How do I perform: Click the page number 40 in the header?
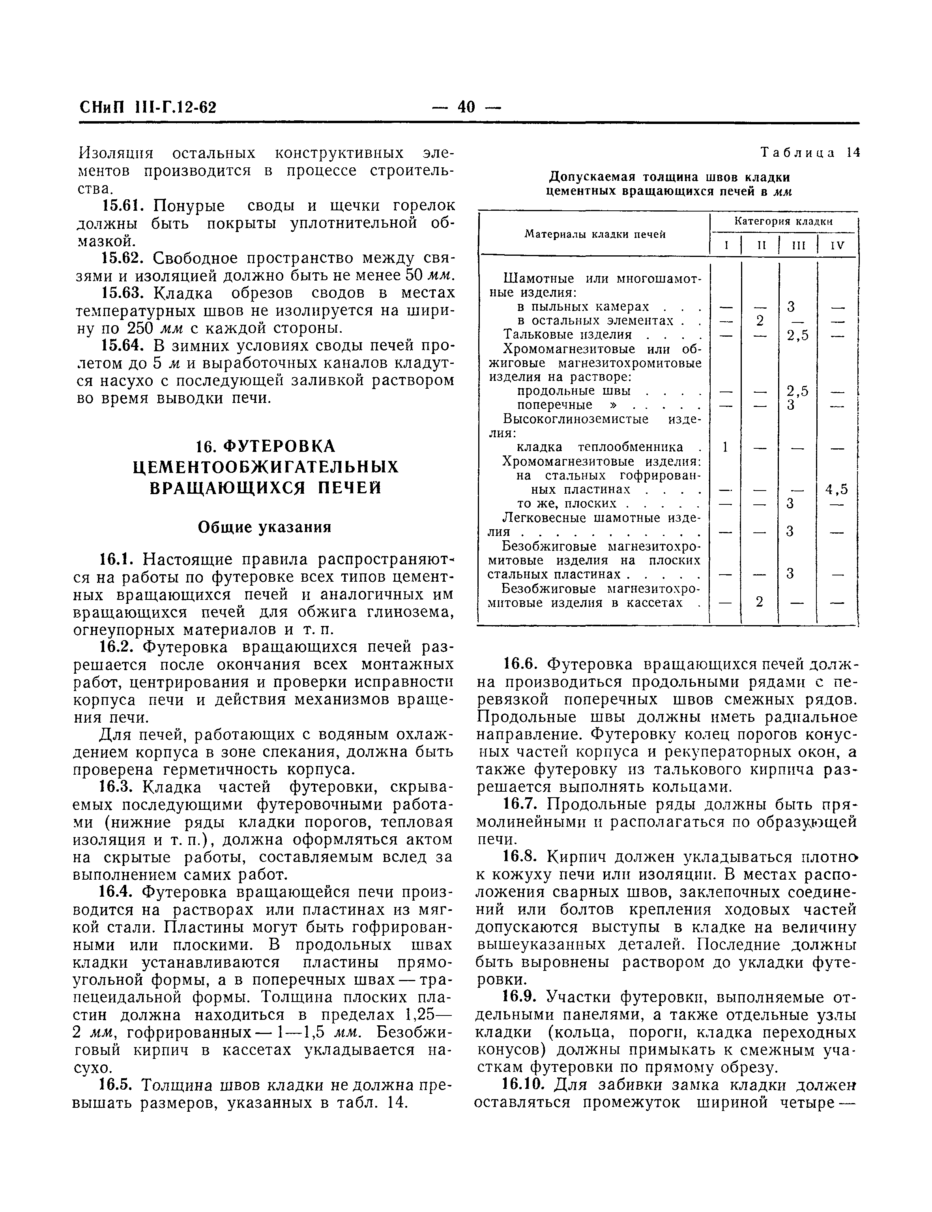466,106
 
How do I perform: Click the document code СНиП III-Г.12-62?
148,107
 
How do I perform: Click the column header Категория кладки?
783,221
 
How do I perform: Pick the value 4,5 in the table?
837,489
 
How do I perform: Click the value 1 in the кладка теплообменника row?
725,447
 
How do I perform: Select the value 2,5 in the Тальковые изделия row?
798,335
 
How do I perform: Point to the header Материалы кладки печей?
595,234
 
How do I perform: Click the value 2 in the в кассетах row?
760,601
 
